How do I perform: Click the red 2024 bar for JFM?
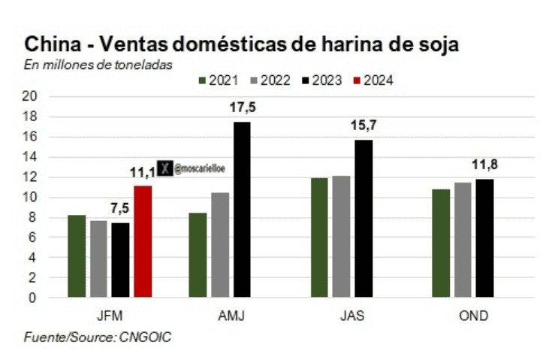tap(143, 241)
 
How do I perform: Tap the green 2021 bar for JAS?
tap(319, 237)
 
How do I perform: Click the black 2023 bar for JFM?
tap(121, 259)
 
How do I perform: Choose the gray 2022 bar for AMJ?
tap(220, 245)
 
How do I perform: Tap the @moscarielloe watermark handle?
tap(200, 169)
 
